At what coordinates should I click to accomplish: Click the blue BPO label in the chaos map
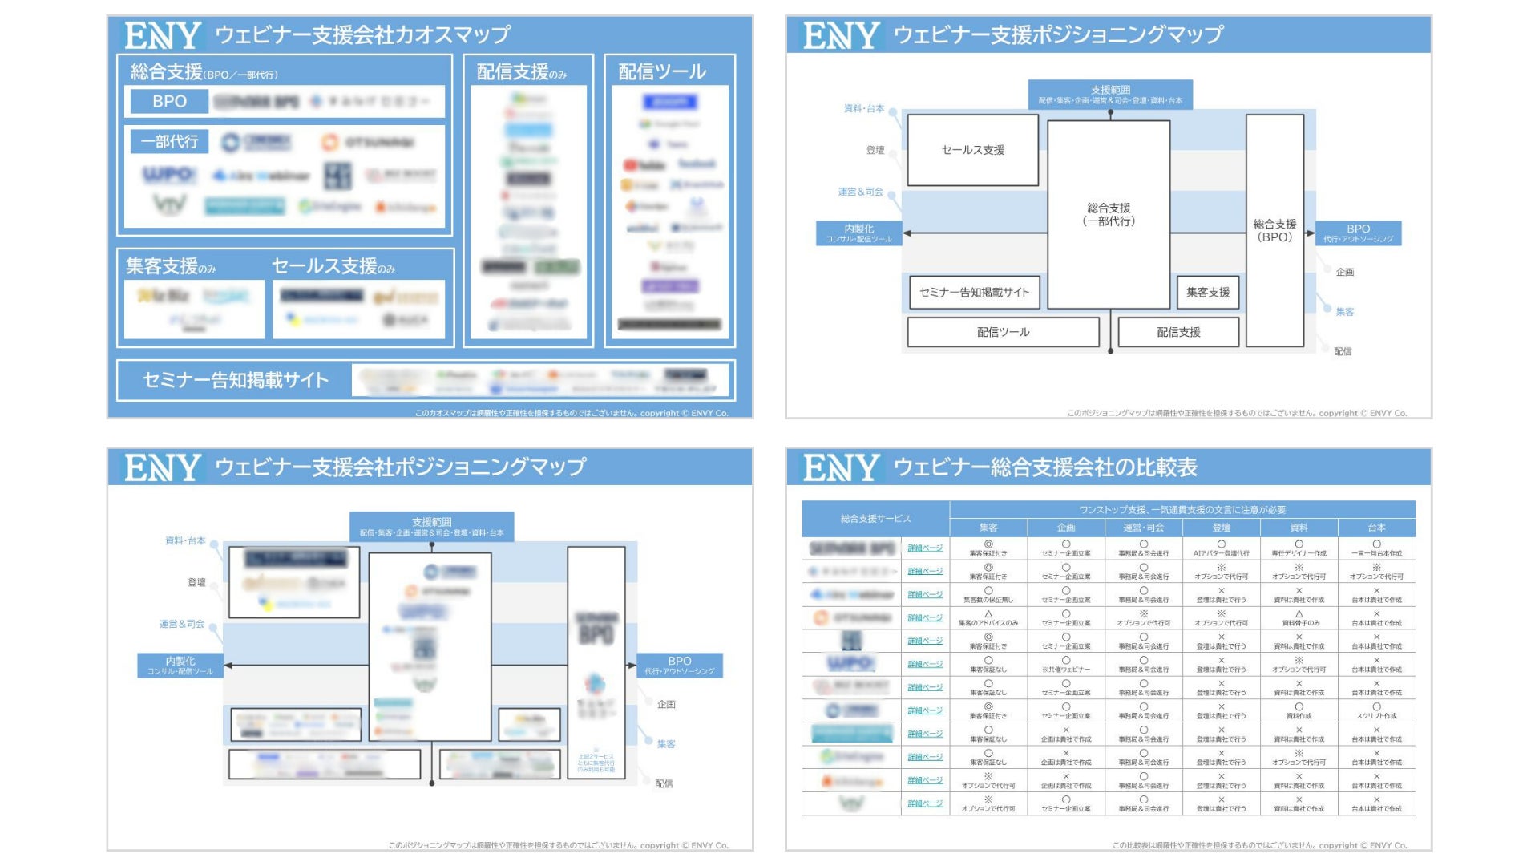(x=169, y=102)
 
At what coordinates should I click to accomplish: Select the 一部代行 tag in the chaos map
(x=169, y=142)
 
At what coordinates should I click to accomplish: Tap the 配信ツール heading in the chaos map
(x=661, y=72)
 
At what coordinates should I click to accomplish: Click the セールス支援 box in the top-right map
(x=972, y=150)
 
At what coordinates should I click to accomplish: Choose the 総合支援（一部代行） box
(x=1109, y=214)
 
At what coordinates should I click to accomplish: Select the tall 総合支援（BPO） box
(x=1274, y=230)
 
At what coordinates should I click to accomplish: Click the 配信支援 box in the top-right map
(x=1178, y=332)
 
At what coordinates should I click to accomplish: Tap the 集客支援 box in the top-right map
(x=1208, y=293)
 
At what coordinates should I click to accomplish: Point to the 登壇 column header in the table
(x=1221, y=528)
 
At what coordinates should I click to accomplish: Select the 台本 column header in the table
(x=1376, y=528)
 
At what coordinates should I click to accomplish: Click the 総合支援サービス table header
(x=875, y=519)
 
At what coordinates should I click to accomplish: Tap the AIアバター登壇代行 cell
(x=1221, y=553)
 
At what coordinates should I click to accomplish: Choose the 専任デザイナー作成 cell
(x=1299, y=553)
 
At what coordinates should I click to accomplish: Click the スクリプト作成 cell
(x=1376, y=715)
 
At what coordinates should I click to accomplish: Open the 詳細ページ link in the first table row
(x=925, y=548)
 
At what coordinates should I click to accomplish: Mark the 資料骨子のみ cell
(x=1299, y=622)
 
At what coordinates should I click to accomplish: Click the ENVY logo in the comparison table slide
(x=841, y=467)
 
